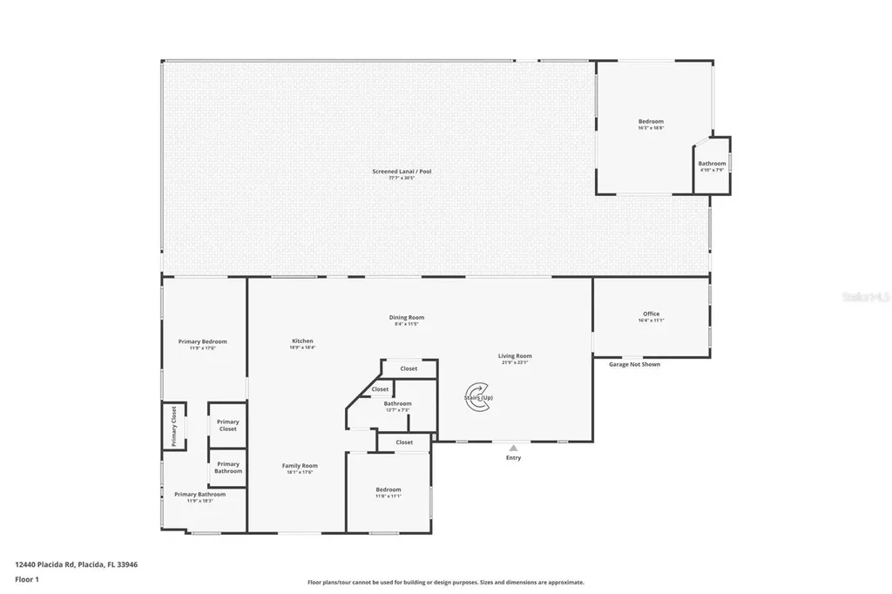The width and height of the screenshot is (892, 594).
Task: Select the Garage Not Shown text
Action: (634, 364)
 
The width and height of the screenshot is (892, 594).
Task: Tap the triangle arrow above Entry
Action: (513, 448)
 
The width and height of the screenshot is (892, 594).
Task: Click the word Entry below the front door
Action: (513, 458)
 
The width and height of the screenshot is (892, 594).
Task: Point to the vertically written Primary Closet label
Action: (173, 427)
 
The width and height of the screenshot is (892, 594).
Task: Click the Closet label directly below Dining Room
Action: (409, 368)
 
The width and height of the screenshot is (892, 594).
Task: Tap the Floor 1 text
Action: (27, 578)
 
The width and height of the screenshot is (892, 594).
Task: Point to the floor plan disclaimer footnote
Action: (445, 583)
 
